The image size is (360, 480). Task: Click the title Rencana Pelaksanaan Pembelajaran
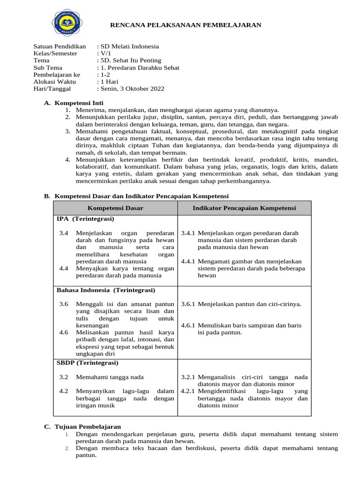[x=185, y=25]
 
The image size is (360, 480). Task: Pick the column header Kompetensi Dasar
[x=115, y=208]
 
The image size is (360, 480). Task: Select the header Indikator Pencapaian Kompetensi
[x=244, y=208]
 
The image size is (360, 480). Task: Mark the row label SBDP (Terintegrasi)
[x=88, y=363]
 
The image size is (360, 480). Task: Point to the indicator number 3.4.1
[x=188, y=233]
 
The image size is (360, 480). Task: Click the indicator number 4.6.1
[x=188, y=325]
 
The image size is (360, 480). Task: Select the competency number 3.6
[x=64, y=304]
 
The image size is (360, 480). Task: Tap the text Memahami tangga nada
[x=110, y=377]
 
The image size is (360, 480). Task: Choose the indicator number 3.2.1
[x=188, y=377]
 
